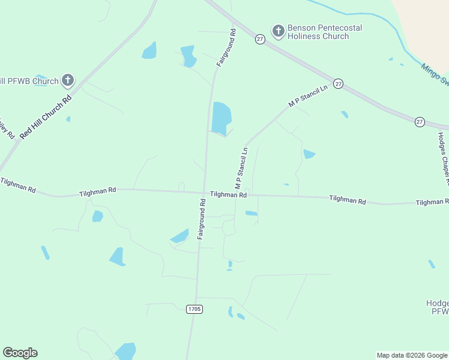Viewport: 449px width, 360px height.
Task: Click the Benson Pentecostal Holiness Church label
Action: [318, 32]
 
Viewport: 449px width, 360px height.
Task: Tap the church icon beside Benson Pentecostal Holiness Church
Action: [278, 31]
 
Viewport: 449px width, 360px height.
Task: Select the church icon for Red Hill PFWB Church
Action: [68, 80]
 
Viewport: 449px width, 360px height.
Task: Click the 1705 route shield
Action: [194, 309]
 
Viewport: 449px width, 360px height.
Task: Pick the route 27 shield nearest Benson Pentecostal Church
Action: [260, 38]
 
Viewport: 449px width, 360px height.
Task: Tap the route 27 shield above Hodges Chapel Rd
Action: [420, 122]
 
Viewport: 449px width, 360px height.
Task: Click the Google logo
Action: [20, 353]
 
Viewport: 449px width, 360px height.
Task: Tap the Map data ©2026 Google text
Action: [412, 355]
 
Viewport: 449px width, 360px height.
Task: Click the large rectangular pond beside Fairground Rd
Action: [221, 118]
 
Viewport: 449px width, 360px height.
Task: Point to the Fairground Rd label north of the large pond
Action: [226, 47]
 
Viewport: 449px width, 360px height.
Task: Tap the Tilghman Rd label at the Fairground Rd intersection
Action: [228, 195]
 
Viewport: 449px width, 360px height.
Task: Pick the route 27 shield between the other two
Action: [339, 84]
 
